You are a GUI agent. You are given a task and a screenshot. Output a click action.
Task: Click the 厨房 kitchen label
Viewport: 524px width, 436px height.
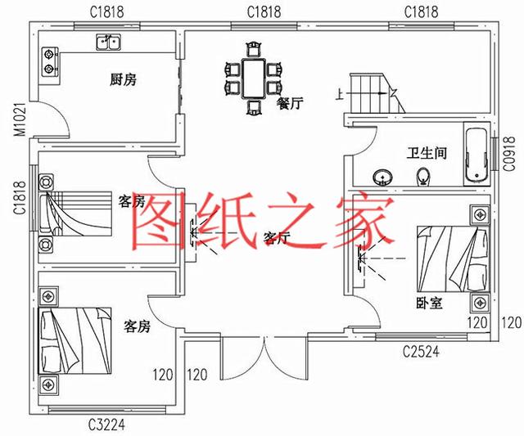coord(123,79)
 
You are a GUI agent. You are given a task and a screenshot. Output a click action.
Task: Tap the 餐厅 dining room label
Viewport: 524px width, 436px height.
coord(291,104)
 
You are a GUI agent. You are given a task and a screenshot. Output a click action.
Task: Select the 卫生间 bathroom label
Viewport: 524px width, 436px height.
coord(427,153)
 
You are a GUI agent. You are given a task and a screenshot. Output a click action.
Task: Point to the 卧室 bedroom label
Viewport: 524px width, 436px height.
coord(429,303)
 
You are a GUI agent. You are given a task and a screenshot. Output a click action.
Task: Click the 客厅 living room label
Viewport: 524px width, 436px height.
coord(278,238)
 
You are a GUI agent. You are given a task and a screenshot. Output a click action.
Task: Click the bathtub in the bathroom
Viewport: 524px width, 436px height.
coord(476,155)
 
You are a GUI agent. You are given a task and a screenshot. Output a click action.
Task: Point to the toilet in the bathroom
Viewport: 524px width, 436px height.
coord(423,175)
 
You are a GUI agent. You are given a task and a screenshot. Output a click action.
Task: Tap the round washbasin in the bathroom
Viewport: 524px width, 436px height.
coord(382,175)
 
